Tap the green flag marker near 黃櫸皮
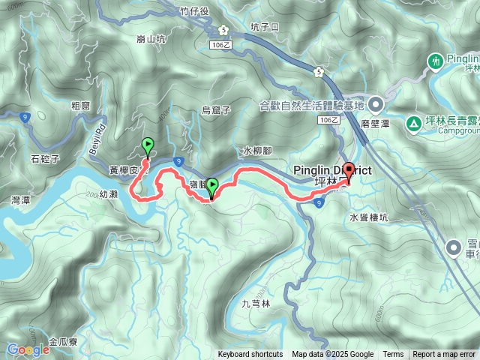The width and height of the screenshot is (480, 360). pos(148,145)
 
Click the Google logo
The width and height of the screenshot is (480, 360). pos(28,349)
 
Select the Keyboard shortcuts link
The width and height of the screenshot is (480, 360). pos(250,355)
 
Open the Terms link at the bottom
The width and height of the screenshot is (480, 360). pos(393,355)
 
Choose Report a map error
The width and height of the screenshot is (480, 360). pos(444,355)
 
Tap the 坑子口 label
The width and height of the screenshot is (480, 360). pos(265,26)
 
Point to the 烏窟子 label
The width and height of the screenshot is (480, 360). pos(216,110)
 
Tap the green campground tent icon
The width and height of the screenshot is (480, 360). pos(413,123)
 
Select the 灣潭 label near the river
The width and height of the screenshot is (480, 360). pos(21,201)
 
